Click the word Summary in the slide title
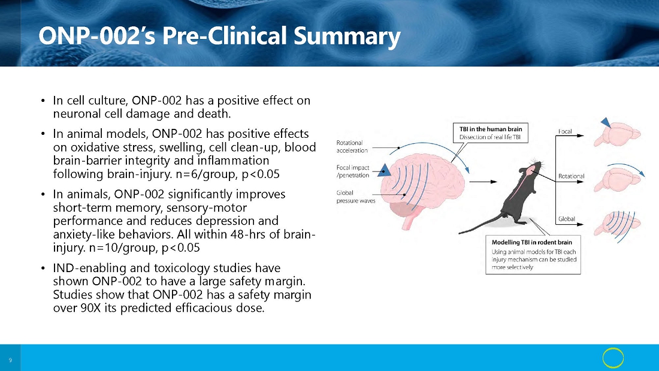[x=347, y=36]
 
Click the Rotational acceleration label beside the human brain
[x=352, y=146]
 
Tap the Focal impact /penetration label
[x=353, y=171]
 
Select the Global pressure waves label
[x=356, y=197]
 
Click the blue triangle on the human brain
[x=384, y=170]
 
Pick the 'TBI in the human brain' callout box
[x=491, y=133]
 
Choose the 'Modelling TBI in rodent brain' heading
[x=531, y=242]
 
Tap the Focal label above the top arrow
[x=565, y=131]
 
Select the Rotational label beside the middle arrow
[x=571, y=176]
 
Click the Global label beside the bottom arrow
[x=567, y=219]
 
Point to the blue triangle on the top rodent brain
[x=606, y=123]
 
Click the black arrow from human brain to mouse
[x=483, y=182]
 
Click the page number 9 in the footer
[x=11, y=360]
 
